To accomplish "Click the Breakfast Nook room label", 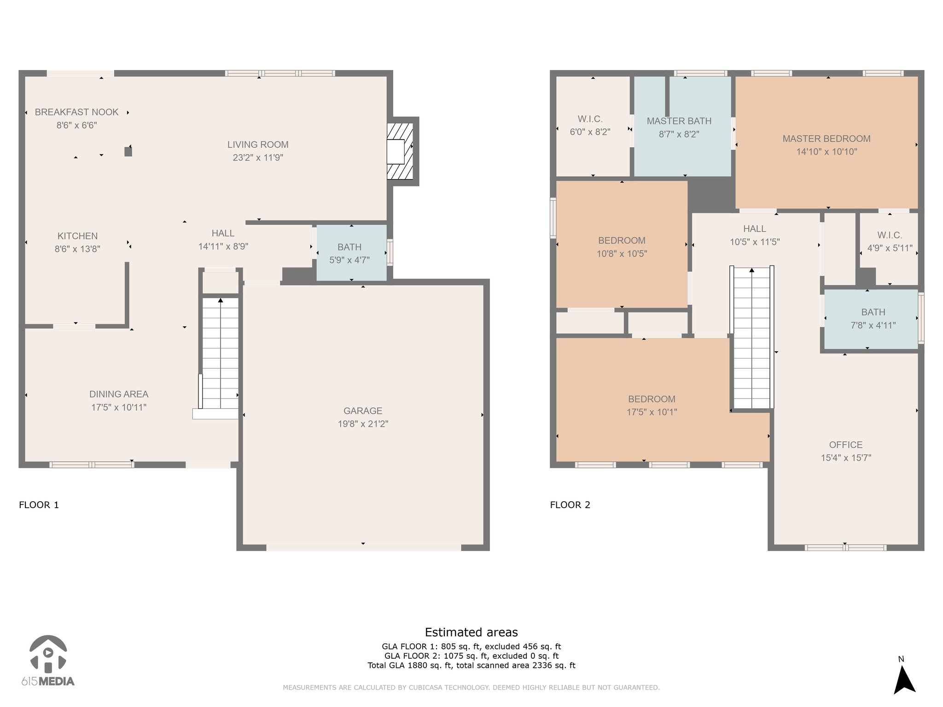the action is coord(76,112).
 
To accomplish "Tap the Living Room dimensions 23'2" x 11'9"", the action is coord(258,157).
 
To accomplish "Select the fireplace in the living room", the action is coord(399,151).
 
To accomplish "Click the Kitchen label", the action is coord(77,236).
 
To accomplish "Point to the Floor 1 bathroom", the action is coord(351,252).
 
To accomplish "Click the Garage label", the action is coord(363,411).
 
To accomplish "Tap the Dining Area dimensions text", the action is coord(119,407).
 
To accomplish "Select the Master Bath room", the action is coord(683,126).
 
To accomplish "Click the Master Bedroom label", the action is coord(827,139).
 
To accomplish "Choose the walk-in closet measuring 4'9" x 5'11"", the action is coord(889,249).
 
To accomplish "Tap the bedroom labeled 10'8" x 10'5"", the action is coord(622,244).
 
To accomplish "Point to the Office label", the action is coord(846,445).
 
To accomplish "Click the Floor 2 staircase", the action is coord(752,337).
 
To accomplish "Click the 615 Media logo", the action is coord(48,661).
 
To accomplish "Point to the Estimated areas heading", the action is coord(471,632).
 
